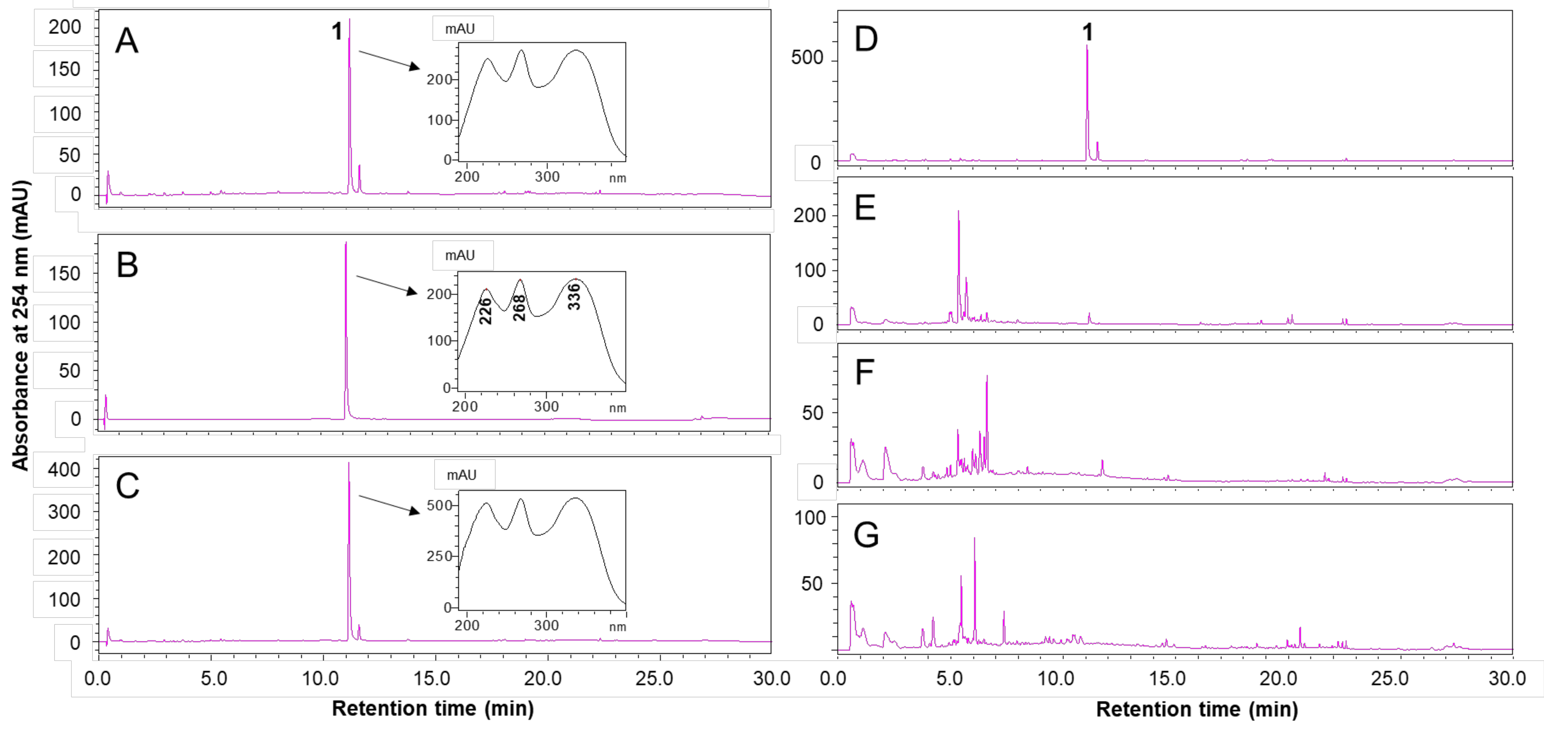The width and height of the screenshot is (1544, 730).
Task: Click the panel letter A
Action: pyautogui.click(x=126, y=41)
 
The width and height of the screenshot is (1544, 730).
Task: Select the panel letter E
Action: pyautogui.click(x=865, y=208)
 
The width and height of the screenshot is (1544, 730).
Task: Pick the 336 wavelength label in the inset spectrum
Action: pyautogui.click(x=574, y=296)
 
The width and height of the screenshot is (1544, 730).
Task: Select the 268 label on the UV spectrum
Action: pyautogui.click(x=519, y=308)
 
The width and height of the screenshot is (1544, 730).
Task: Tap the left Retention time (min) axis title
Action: pyautogui.click(x=433, y=708)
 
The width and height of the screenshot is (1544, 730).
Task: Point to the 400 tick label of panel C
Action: pyautogui.click(x=64, y=470)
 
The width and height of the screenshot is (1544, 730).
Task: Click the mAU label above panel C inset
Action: pyautogui.click(x=462, y=475)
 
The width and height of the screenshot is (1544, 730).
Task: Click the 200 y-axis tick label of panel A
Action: pyautogui.click(x=65, y=27)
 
